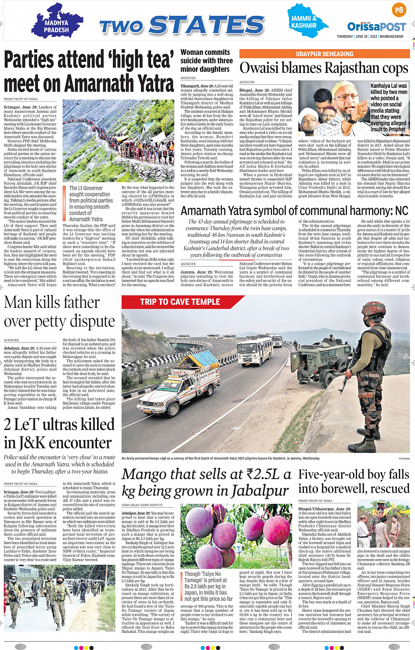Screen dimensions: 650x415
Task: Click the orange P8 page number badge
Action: point(398,10)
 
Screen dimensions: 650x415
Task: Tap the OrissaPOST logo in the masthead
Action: point(376,26)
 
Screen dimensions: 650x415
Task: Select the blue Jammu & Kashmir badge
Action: point(303,21)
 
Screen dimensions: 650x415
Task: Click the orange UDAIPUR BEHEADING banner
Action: point(325,54)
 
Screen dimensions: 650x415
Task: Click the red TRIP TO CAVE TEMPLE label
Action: point(180,302)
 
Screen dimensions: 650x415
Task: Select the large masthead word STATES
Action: point(207,25)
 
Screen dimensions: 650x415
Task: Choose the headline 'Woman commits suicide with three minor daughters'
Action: point(206,61)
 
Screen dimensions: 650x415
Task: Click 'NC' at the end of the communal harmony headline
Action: point(401,211)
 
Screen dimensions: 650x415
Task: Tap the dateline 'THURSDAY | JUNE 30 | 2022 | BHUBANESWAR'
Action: point(370,36)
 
